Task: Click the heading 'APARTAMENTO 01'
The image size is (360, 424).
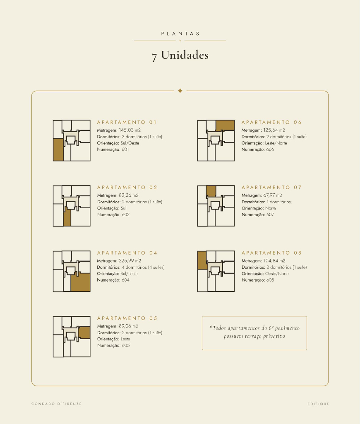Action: click(127, 123)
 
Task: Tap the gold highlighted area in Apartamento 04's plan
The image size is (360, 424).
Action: click(81, 282)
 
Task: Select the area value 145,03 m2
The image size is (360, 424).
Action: click(130, 130)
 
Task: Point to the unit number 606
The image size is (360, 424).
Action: click(270, 149)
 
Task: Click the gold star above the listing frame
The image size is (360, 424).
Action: click(180, 91)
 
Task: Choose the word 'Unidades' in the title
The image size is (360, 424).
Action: click(185, 55)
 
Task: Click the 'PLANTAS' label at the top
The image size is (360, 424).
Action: click(180, 34)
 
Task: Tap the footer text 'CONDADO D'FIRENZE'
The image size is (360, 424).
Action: click(57, 404)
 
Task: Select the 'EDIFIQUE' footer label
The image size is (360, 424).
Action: click(318, 404)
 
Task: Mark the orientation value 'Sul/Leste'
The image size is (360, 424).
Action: click(129, 274)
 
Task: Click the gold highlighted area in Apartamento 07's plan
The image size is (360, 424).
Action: click(211, 191)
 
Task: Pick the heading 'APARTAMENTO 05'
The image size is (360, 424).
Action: click(127, 318)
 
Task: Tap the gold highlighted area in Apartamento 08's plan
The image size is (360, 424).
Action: click(202, 260)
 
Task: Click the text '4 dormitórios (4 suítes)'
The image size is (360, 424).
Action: click(143, 267)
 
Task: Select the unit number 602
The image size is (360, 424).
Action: click(126, 215)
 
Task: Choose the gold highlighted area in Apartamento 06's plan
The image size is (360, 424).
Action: click(225, 125)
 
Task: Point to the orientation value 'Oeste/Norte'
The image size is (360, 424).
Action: click(277, 274)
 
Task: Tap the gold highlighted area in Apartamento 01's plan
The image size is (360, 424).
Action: click(58, 150)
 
